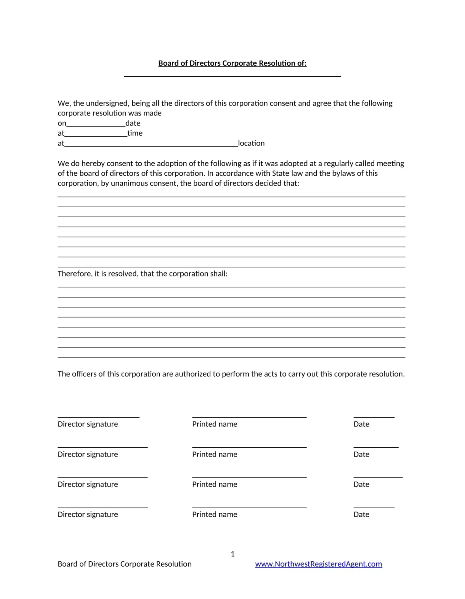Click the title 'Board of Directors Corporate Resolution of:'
pyautogui.click(x=232, y=63)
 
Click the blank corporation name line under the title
pyautogui.click(x=232, y=76)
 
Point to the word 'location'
pyautogui.click(x=251, y=143)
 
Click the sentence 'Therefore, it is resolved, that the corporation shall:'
pyautogui.click(x=142, y=274)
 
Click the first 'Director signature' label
pyautogui.click(x=88, y=424)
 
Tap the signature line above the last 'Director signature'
pyautogui.click(x=102, y=507)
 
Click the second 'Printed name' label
pyautogui.click(x=215, y=454)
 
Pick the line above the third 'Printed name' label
pyautogui.click(x=249, y=477)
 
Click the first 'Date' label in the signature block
pyautogui.click(x=361, y=424)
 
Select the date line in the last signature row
pyautogui.click(x=374, y=507)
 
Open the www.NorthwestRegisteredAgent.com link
pyautogui.click(x=318, y=564)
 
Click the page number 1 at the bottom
pyautogui.click(x=232, y=554)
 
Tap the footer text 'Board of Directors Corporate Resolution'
pyautogui.click(x=124, y=564)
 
